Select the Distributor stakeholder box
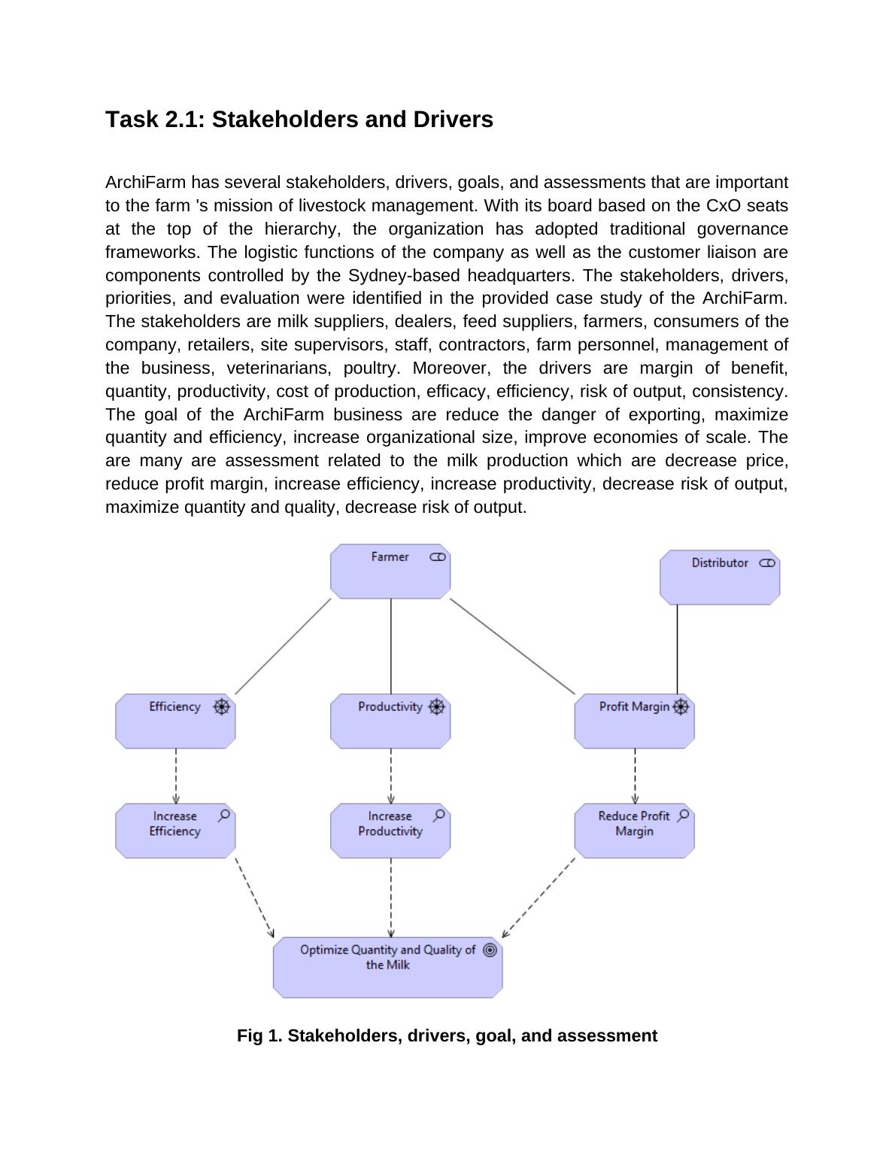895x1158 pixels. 720,578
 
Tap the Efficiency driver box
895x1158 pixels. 175,722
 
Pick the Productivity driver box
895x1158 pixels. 390,722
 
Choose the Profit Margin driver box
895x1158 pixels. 634,722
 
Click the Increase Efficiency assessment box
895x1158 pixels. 175,831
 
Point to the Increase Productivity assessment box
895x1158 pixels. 390,831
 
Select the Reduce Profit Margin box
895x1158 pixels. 634,831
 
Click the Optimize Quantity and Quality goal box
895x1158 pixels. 387,968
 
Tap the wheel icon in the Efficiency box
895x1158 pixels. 221,707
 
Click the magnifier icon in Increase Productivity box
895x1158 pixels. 439,815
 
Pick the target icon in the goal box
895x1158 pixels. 490,950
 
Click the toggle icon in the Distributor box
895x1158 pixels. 767,563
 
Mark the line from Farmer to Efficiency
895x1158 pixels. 283,647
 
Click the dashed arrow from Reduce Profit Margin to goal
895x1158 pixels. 539,898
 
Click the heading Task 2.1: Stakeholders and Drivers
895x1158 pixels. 299,120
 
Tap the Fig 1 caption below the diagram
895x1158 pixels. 447,1036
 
